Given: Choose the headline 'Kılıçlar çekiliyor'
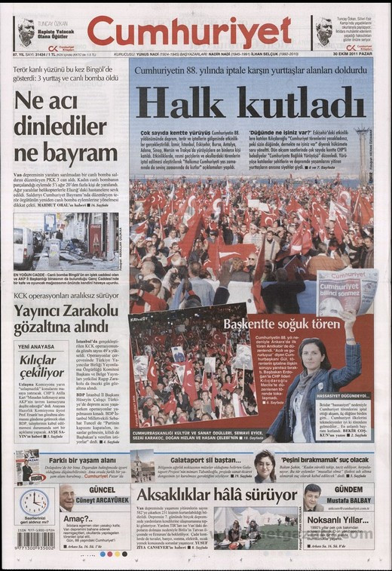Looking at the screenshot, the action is pyautogui.click(x=42, y=367).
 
